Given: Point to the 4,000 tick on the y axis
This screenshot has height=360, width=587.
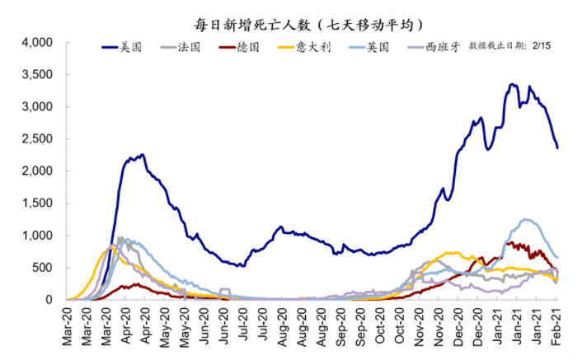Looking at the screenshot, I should (x=38, y=42).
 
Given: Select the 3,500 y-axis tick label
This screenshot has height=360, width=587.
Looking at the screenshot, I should (x=38, y=74).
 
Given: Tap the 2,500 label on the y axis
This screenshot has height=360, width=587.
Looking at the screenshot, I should (x=38, y=139).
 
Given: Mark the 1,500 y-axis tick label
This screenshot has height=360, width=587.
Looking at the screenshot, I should (x=38, y=203).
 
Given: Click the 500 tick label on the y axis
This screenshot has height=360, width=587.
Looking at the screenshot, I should (x=45, y=268).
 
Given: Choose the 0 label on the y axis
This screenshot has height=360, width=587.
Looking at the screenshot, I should (x=50, y=300).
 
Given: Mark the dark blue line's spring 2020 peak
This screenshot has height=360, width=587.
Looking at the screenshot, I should (x=143, y=154).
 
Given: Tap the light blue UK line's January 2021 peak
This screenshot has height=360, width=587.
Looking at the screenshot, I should (x=525, y=219).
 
